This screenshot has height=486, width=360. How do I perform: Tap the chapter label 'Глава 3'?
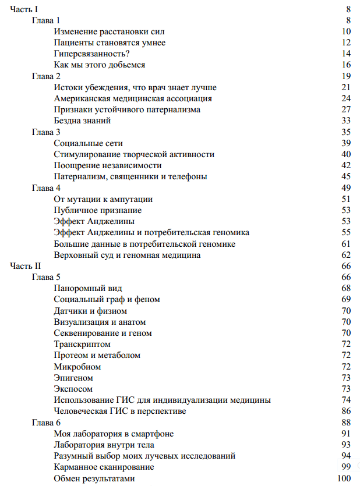coord(46,132)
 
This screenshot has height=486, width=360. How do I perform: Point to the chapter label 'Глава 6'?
coord(46,423)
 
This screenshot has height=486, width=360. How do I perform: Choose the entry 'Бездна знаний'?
coord(82,120)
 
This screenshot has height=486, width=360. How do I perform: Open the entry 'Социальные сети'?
coord(88,143)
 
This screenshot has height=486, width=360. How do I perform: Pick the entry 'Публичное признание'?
coord(97,210)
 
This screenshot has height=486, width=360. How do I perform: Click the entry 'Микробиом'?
coord(77,367)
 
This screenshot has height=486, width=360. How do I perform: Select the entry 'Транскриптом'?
coord(82,344)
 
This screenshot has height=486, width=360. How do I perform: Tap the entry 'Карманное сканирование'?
coord(104,467)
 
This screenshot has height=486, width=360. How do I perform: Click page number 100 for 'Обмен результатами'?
coord(344,478)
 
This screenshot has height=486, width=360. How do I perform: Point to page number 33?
coord(346,120)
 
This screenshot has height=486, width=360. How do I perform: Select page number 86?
coord(346,411)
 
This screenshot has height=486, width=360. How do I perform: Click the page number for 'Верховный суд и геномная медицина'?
coord(346,255)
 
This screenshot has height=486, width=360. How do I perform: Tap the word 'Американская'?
coord(83,98)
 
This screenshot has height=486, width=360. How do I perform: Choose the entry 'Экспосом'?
coord(73,389)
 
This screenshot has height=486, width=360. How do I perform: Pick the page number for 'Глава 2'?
coord(346,76)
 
